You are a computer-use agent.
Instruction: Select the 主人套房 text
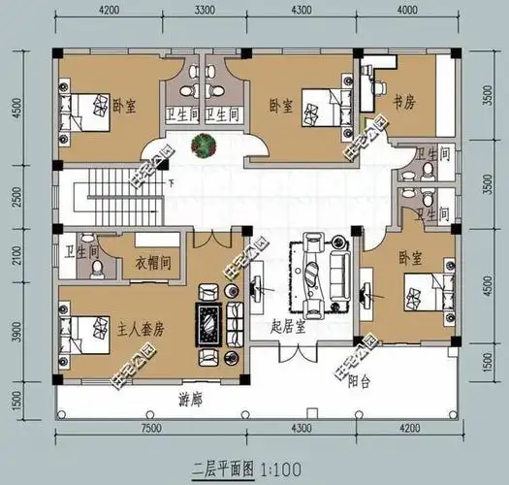(x=140, y=329)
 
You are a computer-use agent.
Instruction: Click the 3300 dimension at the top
(x=205, y=12)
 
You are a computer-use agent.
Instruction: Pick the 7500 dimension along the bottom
(x=150, y=428)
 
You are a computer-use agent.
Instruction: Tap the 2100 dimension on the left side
(x=16, y=255)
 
